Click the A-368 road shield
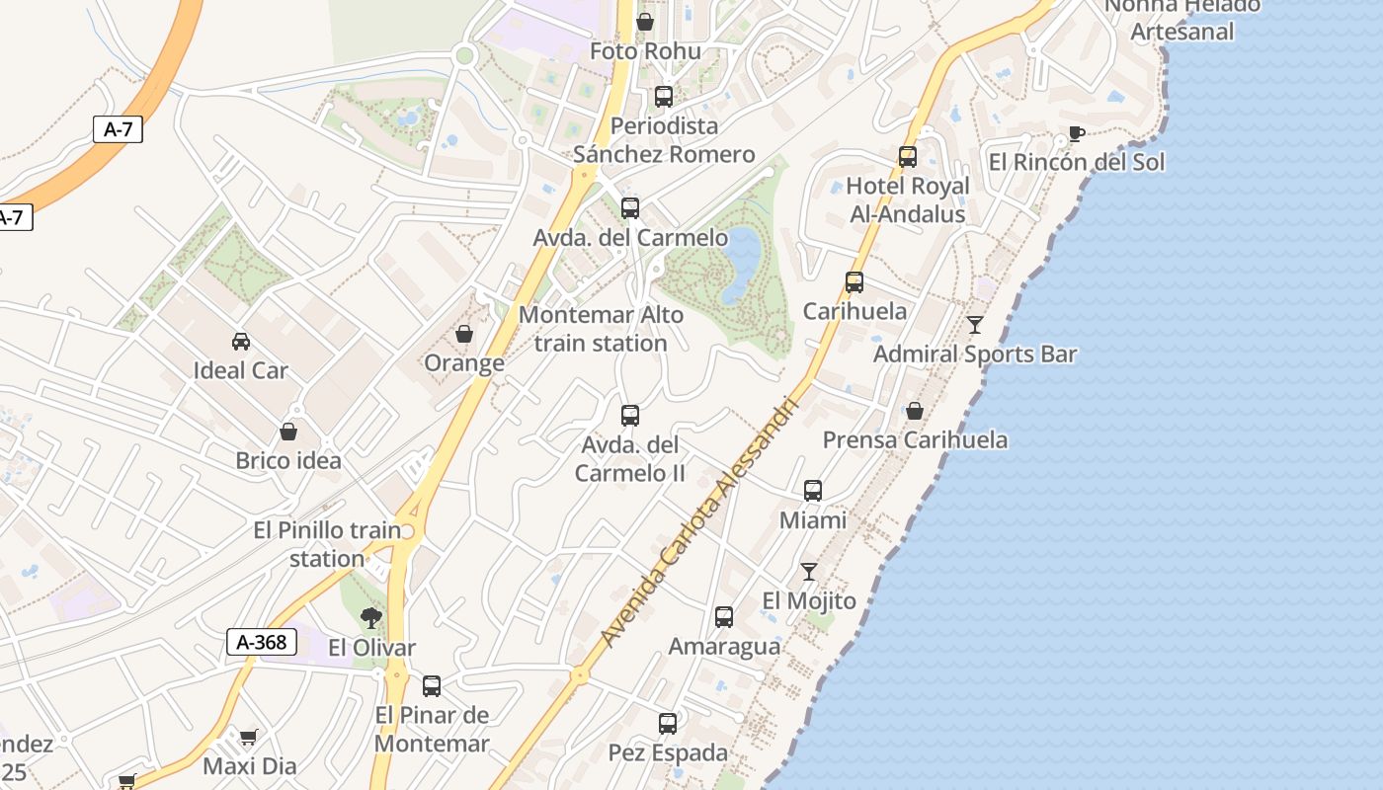click(262, 642)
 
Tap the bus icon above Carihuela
click(854, 282)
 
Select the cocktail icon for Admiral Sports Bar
click(975, 325)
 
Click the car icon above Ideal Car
click(240, 342)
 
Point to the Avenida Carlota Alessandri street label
click(698, 523)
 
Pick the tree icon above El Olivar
click(371, 618)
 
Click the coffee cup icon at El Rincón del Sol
click(1077, 133)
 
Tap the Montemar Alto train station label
click(601, 329)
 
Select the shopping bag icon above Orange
click(464, 334)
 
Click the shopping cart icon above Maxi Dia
click(249, 737)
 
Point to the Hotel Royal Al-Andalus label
click(908, 199)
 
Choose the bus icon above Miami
click(813, 490)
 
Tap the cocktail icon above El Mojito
click(809, 571)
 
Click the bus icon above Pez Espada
click(668, 723)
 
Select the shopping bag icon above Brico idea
click(288, 432)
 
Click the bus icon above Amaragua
click(724, 617)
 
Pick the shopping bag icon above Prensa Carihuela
click(915, 411)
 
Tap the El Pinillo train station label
click(327, 544)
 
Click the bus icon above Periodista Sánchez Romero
click(664, 97)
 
